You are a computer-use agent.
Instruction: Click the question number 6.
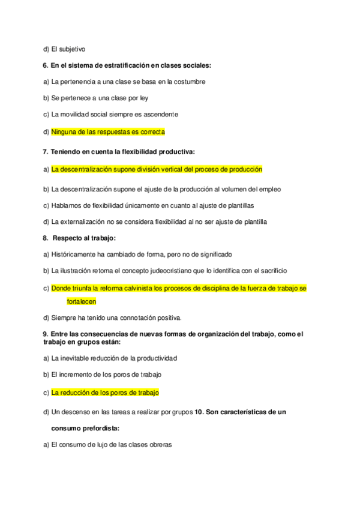(46, 65)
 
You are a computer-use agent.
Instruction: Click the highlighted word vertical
(182, 169)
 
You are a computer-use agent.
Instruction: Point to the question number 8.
(46, 238)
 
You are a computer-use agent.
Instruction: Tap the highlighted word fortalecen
(82, 301)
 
